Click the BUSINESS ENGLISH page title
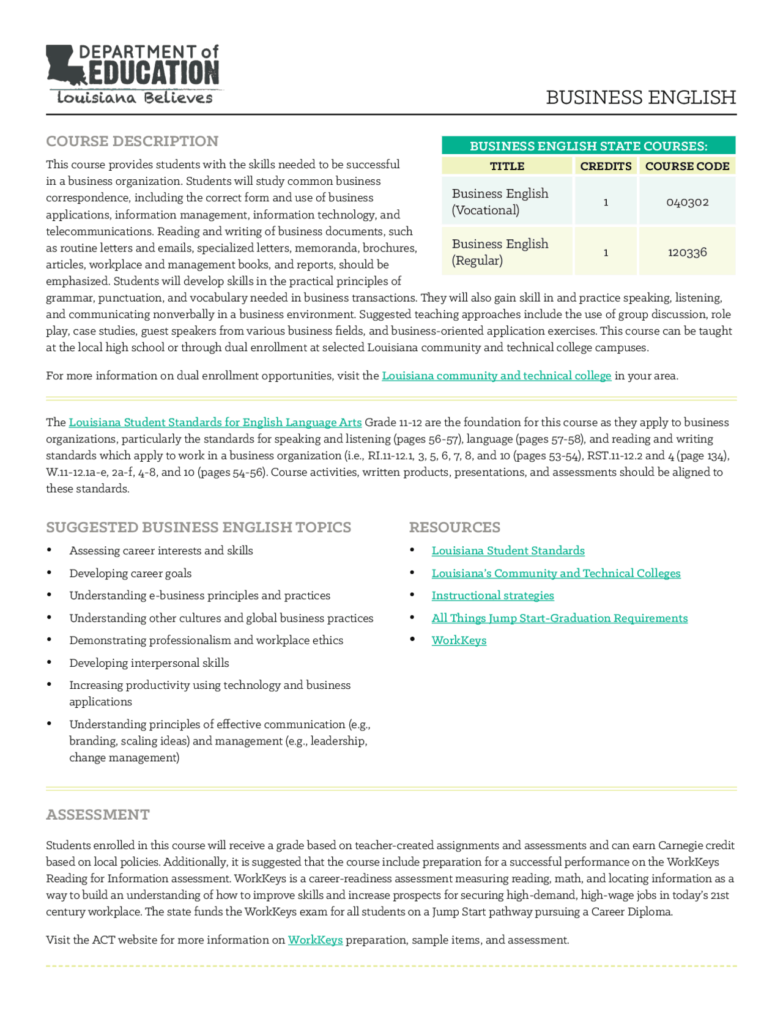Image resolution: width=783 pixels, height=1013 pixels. click(640, 97)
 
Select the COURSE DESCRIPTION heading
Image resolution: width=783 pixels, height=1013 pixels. click(132, 141)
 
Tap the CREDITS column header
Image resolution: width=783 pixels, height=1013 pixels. click(606, 166)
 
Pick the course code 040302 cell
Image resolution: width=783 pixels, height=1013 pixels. click(687, 202)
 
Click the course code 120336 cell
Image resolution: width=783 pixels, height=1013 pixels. click(687, 252)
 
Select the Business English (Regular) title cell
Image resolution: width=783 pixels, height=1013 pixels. click(500, 252)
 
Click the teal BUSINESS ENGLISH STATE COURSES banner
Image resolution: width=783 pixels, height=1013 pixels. click(588, 146)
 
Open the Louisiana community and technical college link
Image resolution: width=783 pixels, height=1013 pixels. click(496, 376)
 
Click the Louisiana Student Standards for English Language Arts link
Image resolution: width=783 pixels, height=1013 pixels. click(215, 422)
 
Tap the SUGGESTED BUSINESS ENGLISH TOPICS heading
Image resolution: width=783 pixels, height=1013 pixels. click(198, 527)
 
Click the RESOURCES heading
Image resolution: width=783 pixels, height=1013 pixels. click(455, 527)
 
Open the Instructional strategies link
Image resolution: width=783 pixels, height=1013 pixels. click(492, 595)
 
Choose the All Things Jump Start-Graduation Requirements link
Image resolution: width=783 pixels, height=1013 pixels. click(559, 618)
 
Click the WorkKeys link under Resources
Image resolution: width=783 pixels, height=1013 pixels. click(459, 640)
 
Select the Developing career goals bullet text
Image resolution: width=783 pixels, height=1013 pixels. click(130, 573)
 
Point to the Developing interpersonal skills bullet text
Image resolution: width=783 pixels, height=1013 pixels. click(149, 662)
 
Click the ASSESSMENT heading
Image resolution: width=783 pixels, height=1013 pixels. click(98, 815)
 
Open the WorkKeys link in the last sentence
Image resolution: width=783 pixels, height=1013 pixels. click(315, 940)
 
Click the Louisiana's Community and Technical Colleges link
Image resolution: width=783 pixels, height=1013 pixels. click(555, 573)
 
